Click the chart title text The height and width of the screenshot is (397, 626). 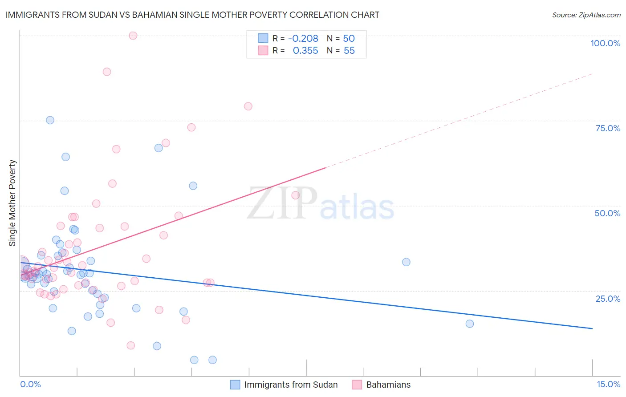192,15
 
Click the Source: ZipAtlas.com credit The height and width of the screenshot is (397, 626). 586,15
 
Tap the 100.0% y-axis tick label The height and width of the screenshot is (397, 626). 605,43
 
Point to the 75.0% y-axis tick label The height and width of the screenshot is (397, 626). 608,128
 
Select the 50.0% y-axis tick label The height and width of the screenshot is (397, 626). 607,213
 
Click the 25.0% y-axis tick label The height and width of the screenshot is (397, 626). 608,299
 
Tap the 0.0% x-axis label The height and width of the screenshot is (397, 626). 30,384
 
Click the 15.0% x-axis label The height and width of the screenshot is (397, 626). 608,384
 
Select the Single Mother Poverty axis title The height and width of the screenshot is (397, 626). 12,203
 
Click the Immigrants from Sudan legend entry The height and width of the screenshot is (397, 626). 291,385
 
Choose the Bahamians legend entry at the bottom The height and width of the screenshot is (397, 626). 388,385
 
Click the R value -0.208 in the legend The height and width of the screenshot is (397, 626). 303,39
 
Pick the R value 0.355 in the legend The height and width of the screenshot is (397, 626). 305,51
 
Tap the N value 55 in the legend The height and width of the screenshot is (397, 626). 349,51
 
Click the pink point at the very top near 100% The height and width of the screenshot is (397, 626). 133,36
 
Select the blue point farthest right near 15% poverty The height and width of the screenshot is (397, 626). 469,324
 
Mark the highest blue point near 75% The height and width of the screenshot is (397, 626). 50,120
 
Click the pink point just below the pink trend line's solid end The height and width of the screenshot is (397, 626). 295,195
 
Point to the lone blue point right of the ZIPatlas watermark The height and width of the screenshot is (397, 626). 406,262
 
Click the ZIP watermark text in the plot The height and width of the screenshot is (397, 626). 282,204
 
